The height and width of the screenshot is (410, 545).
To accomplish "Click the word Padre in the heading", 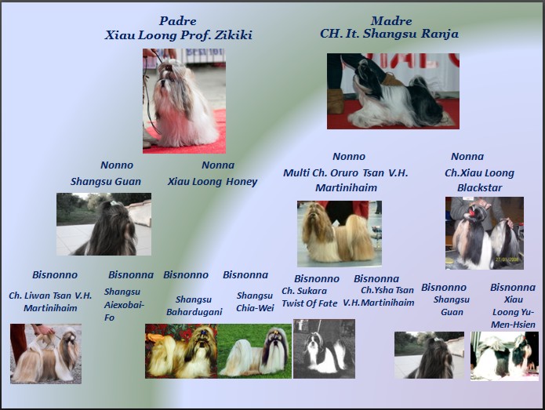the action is [x=177, y=21].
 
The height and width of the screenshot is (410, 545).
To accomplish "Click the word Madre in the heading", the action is [x=391, y=21].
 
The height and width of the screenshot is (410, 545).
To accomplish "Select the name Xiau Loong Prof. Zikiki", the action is [x=179, y=35].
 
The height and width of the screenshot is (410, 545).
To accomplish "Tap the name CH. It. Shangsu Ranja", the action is [x=389, y=34].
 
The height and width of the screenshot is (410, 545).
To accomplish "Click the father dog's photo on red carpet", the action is [x=184, y=101].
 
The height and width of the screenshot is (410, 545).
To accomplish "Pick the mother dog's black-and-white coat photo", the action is [x=393, y=91].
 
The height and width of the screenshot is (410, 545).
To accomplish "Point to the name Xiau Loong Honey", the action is [x=213, y=182].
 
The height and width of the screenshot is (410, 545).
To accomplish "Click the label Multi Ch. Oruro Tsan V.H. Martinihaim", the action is [x=346, y=180].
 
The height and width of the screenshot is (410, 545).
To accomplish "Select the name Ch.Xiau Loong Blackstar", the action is [x=480, y=180].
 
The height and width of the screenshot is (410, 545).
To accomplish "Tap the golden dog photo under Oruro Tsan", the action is [x=340, y=234].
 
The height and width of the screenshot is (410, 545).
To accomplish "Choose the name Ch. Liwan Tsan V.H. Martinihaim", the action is [x=50, y=302].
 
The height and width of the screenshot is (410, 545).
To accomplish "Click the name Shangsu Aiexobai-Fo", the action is [x=124, y=304].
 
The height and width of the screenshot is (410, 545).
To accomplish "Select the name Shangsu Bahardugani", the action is [x=194, y=306].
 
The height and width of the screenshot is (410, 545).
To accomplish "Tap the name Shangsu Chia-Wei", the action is [x=255, y=302].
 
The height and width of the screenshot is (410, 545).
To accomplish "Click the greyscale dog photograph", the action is [x=325, y=349].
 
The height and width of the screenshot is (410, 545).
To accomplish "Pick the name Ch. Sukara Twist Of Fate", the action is [x=309, y=297].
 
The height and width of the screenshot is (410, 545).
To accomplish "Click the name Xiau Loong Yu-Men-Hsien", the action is [x=514, y=312].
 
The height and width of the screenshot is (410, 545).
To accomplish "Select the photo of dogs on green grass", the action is [x=254, y=351].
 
